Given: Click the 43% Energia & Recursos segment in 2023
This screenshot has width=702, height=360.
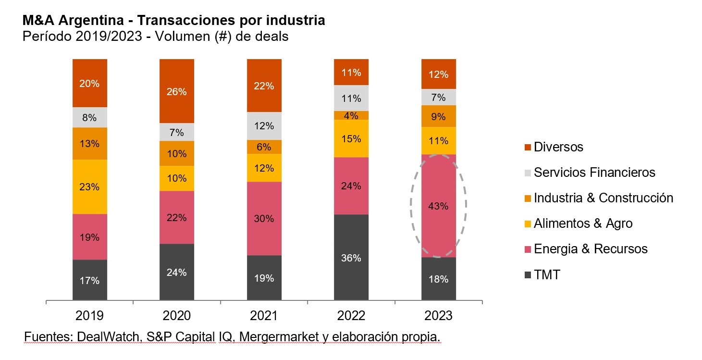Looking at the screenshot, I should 438,206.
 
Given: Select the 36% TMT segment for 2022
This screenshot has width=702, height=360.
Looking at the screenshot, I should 351,258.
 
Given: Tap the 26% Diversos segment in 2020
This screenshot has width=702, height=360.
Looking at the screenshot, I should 176,91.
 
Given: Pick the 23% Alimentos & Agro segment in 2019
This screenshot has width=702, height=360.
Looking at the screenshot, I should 89,186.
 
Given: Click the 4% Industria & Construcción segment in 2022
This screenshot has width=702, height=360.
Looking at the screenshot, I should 351,115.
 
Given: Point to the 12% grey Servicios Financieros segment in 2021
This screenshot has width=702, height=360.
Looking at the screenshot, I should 264,126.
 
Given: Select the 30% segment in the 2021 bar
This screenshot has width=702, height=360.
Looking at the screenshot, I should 264,218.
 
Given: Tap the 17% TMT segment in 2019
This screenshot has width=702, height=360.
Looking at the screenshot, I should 89,280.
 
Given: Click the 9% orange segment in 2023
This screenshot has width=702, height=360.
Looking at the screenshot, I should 438,116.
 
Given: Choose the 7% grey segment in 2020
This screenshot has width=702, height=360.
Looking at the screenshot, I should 176,132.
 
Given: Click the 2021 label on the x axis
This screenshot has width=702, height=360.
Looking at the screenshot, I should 264,316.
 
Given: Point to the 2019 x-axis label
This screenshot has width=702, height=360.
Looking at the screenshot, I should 89,316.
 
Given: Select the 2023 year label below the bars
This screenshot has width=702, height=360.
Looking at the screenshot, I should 438,316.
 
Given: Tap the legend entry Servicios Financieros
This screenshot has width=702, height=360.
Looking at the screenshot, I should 594,172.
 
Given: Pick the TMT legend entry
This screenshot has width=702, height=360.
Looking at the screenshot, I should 547,274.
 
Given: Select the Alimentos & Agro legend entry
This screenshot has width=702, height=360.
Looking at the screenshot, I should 583,223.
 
